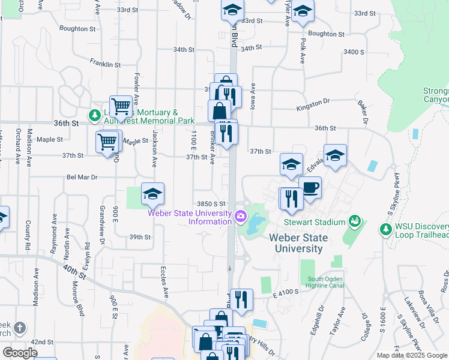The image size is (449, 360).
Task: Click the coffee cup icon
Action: point(310,187)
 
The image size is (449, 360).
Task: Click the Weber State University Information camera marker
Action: point(241,215)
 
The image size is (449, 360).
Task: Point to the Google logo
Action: point(20,353)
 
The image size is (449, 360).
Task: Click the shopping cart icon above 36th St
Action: point(121,107)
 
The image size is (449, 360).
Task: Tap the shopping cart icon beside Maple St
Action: point(107,142)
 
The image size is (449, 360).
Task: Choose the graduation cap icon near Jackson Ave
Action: point(153,193)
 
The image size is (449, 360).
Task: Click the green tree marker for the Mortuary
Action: point(94,114)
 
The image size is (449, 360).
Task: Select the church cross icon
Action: point(20,328)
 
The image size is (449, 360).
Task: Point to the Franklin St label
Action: point(105,63)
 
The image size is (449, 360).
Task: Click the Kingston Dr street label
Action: point(313,109)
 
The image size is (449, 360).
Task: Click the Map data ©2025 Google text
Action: point(411,355)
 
